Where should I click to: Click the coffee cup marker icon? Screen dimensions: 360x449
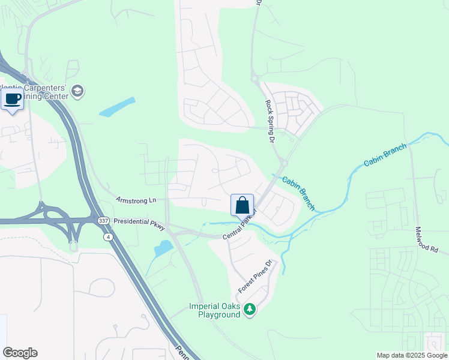point(12,99)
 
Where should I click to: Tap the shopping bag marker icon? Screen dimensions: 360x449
point(242,205)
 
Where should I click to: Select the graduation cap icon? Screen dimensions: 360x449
point(77,91)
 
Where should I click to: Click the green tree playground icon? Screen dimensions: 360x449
point(250,310)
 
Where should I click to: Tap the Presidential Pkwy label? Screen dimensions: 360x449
point(139,221)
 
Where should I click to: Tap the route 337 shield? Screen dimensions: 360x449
point(104,221)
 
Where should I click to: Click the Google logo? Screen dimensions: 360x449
point(20,353)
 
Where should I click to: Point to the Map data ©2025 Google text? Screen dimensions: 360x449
point(411,355)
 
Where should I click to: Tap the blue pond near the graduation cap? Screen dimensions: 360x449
point(117,106)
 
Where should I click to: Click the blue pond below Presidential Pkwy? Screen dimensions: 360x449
point(163,247)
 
